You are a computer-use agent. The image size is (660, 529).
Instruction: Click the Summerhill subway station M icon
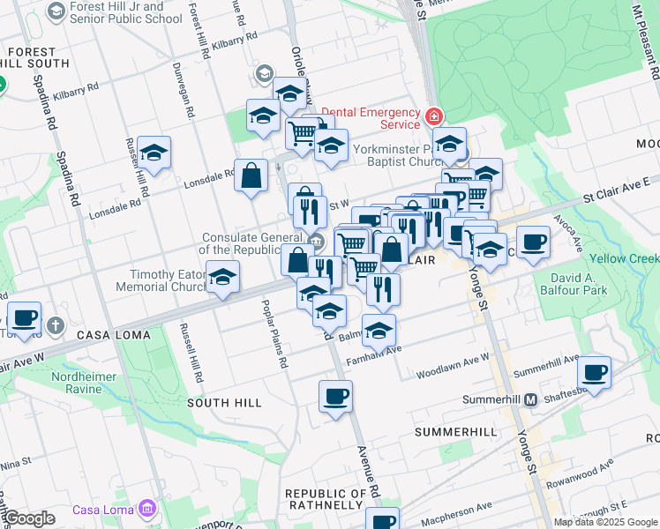[x=531, y=399]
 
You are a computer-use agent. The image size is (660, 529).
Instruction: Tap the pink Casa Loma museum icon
[x=146, y=509]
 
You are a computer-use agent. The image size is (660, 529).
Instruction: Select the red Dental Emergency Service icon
[x=433, y=116]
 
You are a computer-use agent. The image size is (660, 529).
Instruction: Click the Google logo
[x=29, y=518]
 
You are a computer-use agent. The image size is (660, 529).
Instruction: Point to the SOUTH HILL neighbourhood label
[x=224, y=402]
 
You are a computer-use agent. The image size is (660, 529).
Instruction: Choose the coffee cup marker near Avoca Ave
[x=533, y=242]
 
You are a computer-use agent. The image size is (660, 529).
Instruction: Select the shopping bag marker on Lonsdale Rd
[x=251, y=174]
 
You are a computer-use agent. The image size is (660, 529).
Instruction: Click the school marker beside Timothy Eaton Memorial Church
[x=224, y=277]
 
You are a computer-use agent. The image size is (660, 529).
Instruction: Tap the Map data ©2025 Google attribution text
[x=606, y=522]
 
